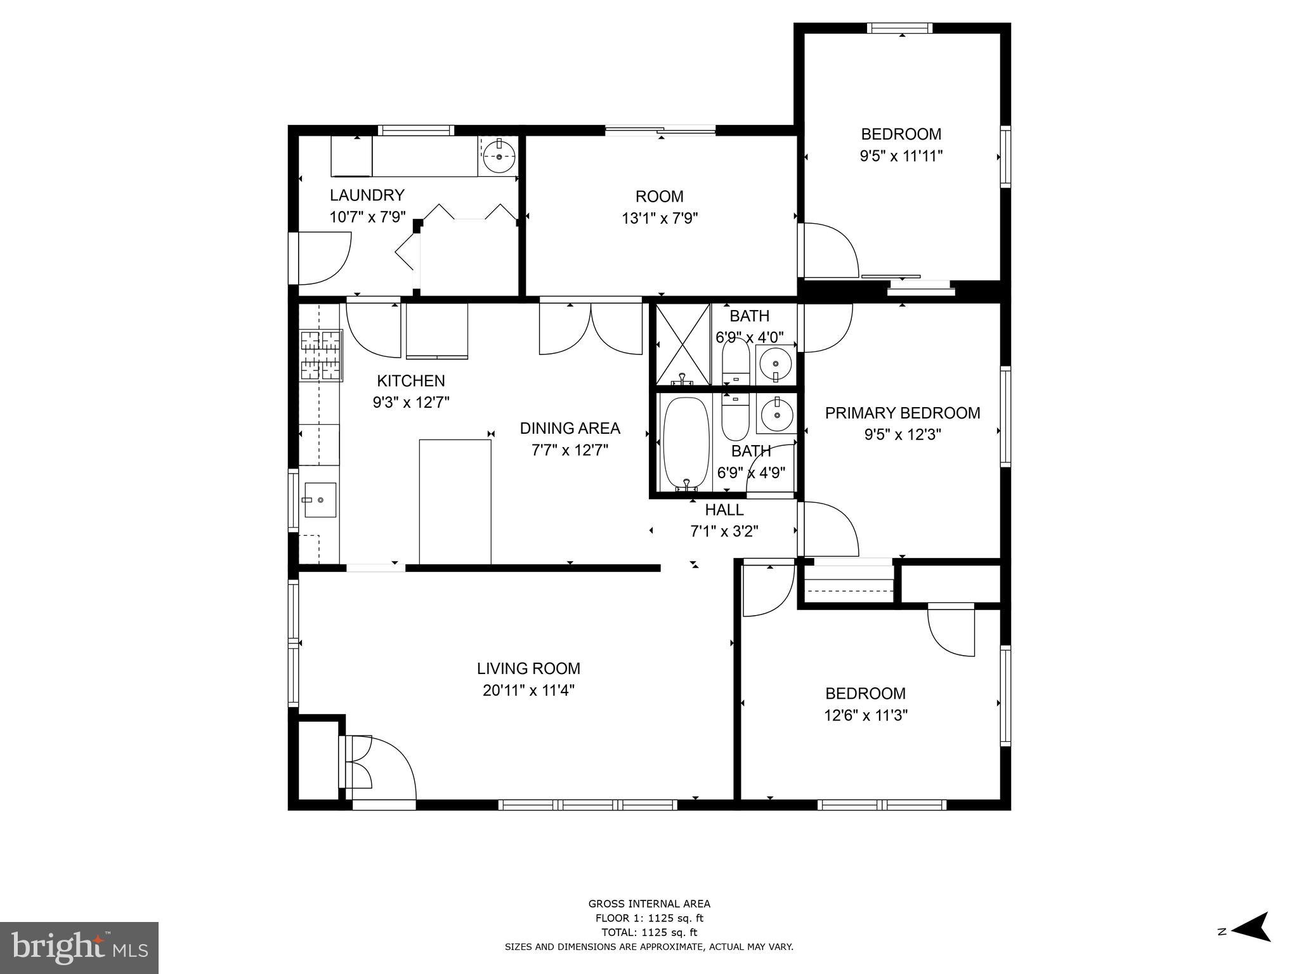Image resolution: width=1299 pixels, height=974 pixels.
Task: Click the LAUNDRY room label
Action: tap(367, 195)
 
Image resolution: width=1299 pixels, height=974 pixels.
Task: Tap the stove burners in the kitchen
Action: tap(320, 356)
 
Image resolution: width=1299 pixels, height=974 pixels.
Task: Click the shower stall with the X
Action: tap(682, 344)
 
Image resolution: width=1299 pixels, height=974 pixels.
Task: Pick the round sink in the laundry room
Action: tap(499, 156)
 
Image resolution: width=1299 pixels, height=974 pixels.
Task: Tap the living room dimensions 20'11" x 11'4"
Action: tap(528, 690)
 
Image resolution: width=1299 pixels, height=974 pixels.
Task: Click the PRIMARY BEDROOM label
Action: tap(902, 413)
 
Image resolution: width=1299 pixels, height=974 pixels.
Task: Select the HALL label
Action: tap(724, 509)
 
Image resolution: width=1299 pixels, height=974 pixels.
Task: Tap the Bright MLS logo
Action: tap(79, 947)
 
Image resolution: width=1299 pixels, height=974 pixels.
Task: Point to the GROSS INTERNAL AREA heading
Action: tap(649, 904)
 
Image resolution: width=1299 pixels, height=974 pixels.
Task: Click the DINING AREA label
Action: tap(570, 428)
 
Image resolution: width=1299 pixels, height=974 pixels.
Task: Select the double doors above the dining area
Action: tap(591, 328)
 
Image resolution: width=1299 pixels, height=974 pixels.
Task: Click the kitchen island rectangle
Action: tap(455, 501)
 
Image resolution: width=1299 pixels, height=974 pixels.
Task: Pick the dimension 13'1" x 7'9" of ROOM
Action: tap(660, 219)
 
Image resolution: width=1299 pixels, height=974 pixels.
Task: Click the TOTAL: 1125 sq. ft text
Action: tap(649, 932)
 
